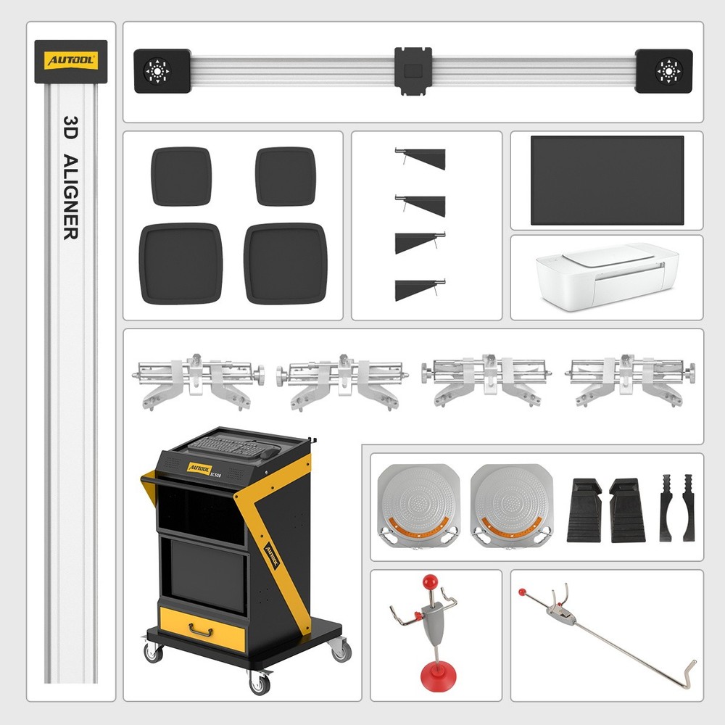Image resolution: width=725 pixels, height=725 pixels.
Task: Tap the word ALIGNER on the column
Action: pyautogui.click(x=70, y=196)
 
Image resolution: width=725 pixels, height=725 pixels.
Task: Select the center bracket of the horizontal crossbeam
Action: pyautogui.click(x=413, y=70)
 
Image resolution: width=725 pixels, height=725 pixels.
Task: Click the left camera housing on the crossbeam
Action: pyautogui.click(x=162, y=70)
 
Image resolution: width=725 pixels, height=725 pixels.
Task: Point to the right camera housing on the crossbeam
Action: pyautogui.click(x=663, y=70)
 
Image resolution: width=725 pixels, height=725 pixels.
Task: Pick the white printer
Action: pyautogui.click(x=607, y=276)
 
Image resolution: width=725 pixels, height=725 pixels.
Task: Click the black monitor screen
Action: pyautogui.click(x=607, y=180)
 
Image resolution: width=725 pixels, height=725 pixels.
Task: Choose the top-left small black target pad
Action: pyautogui.click(x=181, y=176)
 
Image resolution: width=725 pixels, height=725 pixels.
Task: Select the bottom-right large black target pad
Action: pyautogui.click(x=285, y=263)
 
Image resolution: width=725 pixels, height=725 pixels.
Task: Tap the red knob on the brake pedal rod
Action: pyautogui.click(x=522, y=592)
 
